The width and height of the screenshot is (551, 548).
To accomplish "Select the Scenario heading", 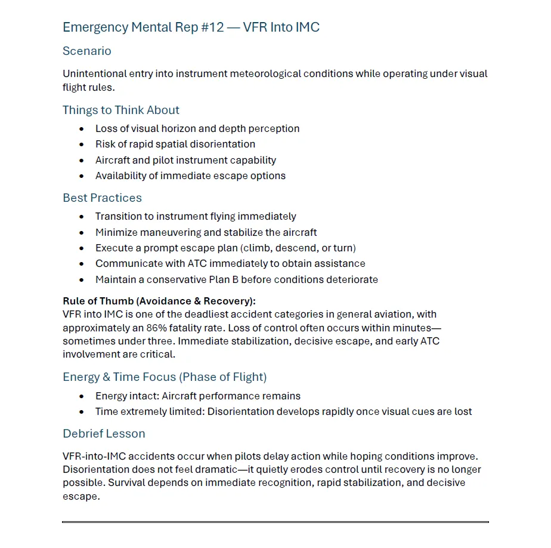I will tap(87, 51).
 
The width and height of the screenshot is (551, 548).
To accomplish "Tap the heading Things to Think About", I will tap(121, 110).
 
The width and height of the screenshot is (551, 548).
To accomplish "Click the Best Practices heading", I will tap(103, 198).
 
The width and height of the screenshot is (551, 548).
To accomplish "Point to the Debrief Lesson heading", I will tap(104, 434).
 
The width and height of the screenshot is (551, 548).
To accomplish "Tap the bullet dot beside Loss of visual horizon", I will tap(82, 129).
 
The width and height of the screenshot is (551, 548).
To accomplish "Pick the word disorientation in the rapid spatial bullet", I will tap(220, 144).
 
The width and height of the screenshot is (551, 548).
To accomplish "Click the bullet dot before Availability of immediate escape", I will tap(82, 176).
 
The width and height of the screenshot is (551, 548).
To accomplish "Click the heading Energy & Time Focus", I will tap(165, 377).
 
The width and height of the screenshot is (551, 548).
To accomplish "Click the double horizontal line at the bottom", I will tap(275, 522).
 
